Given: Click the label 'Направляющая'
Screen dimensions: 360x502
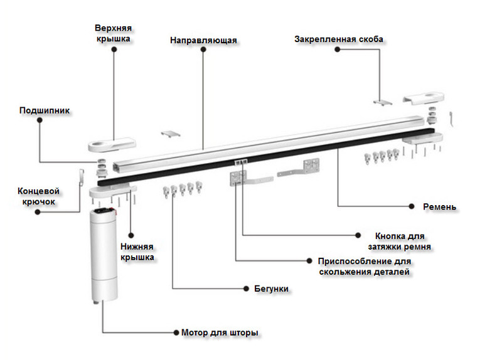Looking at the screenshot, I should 203,41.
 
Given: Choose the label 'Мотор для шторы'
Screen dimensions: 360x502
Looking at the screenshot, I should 219,332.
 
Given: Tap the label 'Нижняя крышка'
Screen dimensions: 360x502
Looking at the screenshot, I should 137,251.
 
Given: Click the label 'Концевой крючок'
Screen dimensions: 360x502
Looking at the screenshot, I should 37,196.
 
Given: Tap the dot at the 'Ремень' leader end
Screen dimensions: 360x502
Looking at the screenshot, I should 412,205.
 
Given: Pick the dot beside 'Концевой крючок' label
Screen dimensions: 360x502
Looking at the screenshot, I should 37,212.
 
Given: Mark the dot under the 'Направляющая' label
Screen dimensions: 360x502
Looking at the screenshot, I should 203,50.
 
